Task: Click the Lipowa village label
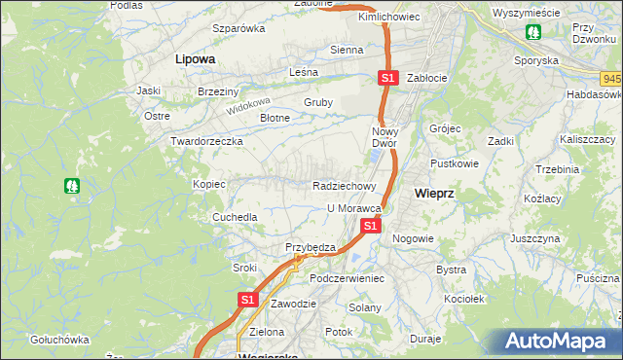click(195, 58)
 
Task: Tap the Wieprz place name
click(433, 194)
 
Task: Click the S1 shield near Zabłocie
click(387, 77)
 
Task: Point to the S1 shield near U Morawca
click(370, 225)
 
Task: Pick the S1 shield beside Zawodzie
click(247, 300)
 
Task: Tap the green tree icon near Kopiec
click(72, 185)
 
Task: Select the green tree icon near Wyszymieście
click(533, 32)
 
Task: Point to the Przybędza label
click(310, 247)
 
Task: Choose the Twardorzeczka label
click(206, 141)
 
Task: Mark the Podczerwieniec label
click(348, 278)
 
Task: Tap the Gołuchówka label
click(59, 340)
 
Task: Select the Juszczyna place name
click(534, 238)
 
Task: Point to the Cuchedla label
click(235, 217)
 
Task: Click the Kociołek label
click(464, 299)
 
